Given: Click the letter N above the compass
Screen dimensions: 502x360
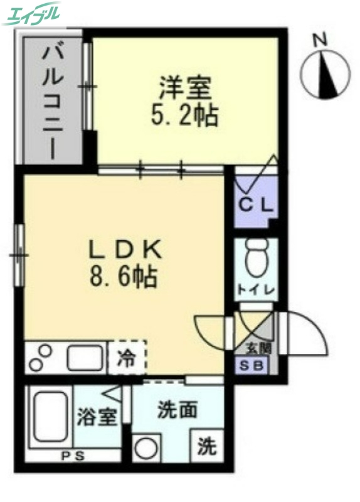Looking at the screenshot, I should pos(322,40).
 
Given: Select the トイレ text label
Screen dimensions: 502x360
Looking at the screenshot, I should pos(254,290).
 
